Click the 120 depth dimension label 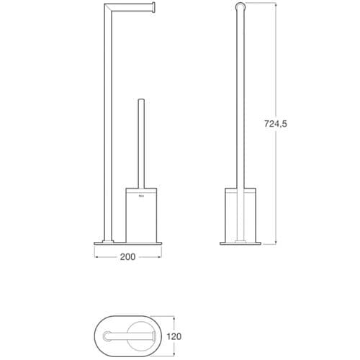coord(192,335)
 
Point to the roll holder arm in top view coord(133,335)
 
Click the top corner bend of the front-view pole coord(109,7)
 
